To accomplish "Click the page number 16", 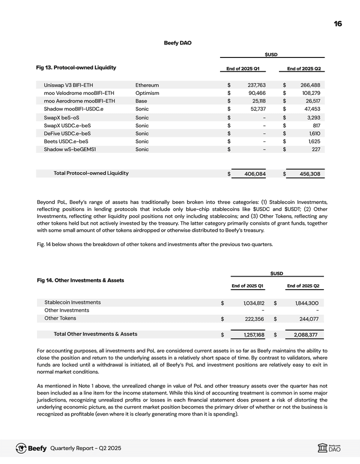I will tap(338, 23).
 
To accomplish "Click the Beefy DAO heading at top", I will tap(177, 43).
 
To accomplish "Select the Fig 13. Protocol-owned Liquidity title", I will tap(76, 67).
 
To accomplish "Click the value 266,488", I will tap(308, 85).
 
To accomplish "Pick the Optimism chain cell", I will tap(147, 93).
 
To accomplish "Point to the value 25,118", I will tap(256, 101).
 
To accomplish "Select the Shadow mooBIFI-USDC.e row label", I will tap(73, 109).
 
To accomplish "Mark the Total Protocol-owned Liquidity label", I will tap(91, 173).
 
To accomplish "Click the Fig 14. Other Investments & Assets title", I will tap(80, 280).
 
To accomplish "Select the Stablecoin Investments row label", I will tap(72, 302).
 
